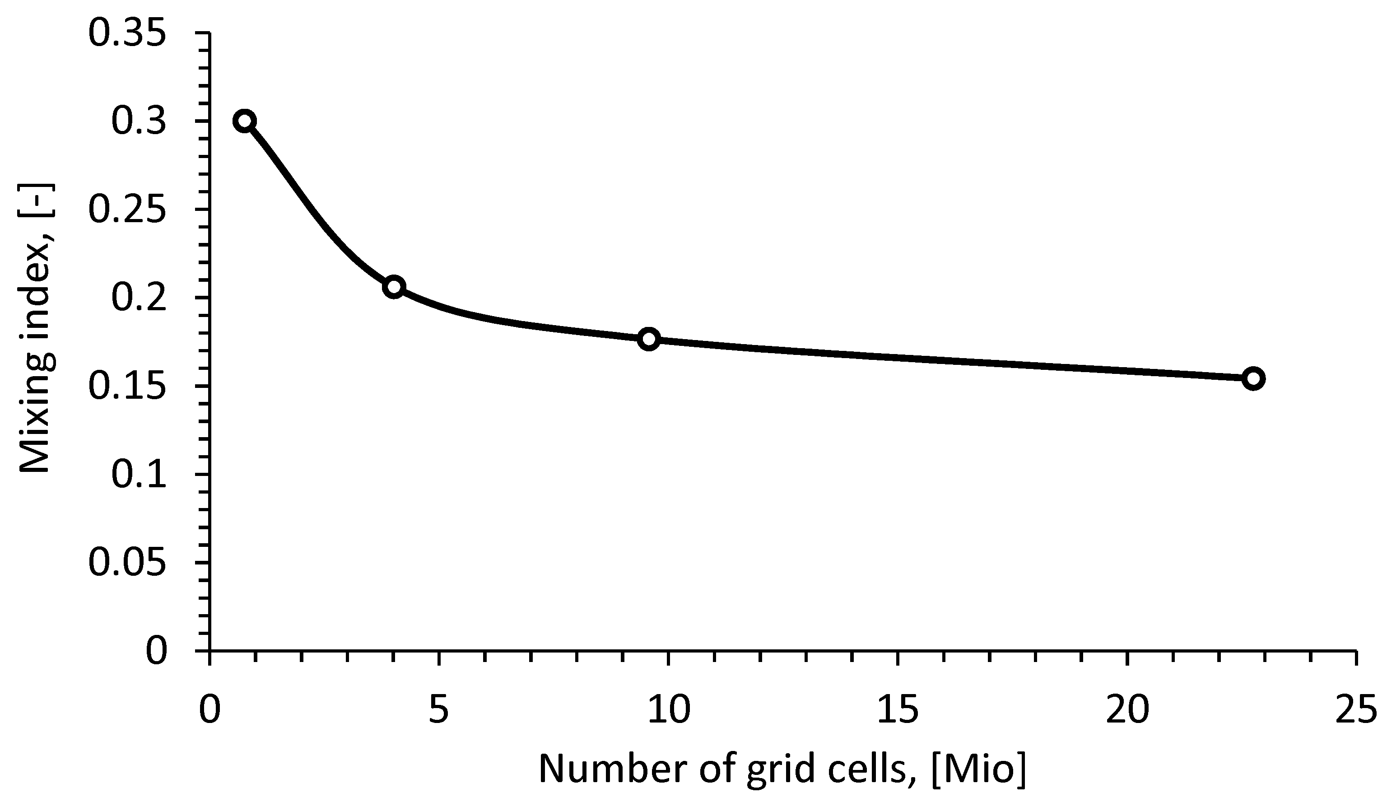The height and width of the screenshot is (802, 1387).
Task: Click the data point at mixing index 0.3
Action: tap(244, 121)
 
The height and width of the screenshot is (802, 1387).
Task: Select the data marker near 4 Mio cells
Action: tap(394, 287)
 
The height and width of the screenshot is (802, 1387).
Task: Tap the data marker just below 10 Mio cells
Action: tap(649, 339)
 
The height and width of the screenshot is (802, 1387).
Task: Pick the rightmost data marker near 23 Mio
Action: tap(1253, 378)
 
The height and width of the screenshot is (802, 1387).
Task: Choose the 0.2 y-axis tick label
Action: tap(138, 298)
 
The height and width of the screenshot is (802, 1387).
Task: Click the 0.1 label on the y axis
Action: tap(138, 475)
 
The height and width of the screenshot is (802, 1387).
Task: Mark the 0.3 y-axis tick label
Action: tap(138, 121)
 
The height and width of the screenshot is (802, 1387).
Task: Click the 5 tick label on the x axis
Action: tap(439, 710)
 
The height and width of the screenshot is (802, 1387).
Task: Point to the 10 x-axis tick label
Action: tap(668, 710)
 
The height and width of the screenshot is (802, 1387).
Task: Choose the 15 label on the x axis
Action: tap(897, 710)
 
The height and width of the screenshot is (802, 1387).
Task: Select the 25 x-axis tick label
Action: tap(1356, 710)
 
